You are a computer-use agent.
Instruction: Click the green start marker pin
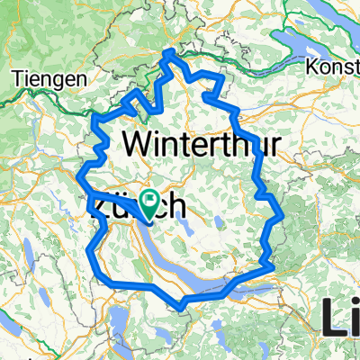(x=147, y=204)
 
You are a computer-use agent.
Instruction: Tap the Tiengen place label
(x=49, y=78)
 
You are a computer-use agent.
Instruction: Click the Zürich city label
(x=139, y=206)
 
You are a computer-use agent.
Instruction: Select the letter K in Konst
(x=311, y=67)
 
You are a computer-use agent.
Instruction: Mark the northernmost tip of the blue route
(x=168, y=51)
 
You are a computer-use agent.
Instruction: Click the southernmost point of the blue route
(x=183, y=309)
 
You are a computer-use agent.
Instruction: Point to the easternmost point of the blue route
(x=283, y=215)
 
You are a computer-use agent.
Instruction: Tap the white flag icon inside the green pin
(x=147, y=200)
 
